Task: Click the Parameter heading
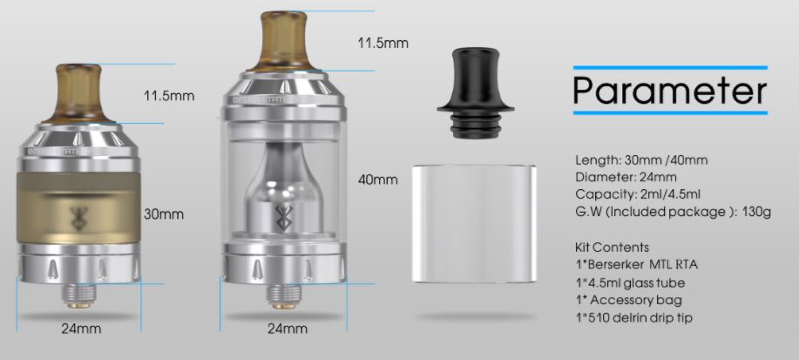tap(670, 91)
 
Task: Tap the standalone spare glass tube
tap(473, 224)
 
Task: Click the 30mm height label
tap(163, 214)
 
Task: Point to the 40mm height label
tap(378, 180)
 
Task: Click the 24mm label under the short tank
tap(81, 329)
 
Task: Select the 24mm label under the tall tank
tap(288, 329)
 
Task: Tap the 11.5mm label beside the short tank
tap(169, 96)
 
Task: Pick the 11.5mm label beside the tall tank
tap(383, 43)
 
